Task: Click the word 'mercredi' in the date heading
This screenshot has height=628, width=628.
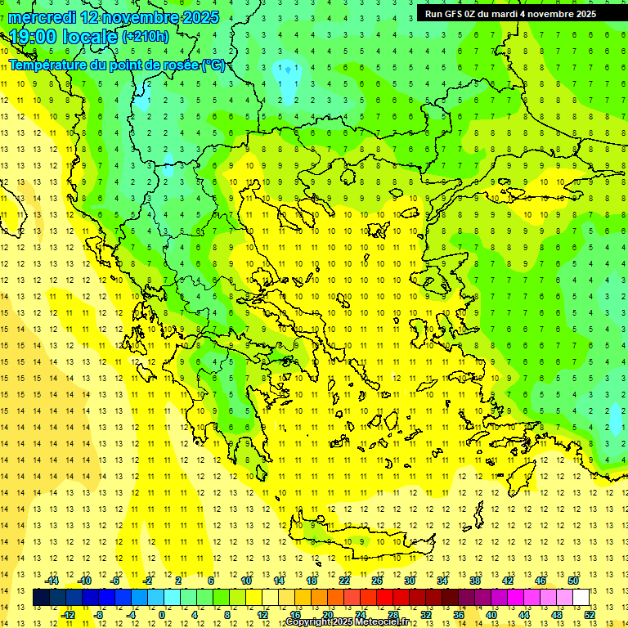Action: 41,17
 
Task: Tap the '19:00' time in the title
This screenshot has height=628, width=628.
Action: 34,36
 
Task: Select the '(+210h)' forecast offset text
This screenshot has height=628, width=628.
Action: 146,36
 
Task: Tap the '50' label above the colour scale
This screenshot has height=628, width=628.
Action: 572,581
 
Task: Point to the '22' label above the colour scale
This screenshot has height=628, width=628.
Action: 344,581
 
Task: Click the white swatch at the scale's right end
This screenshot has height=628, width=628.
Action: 581,598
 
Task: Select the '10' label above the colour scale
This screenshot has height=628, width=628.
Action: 246,581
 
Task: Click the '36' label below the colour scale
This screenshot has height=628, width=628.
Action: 459,615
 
